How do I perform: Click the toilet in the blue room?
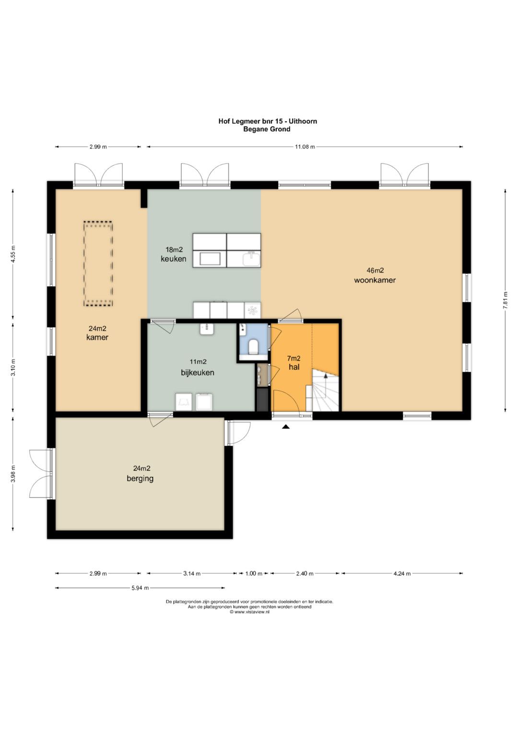tap(253, 347)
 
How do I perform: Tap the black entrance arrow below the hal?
tap(286, 426)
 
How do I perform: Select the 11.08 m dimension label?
tap(305, 147)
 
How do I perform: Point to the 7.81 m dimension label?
tap(506, 300)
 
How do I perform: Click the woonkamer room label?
tap(375, 280)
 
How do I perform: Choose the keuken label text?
tap(173, 259)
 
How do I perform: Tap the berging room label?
tap(140, 479)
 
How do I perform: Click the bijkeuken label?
tap(198, 372)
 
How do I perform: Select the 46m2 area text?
tap(375, 270)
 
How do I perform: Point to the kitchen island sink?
tap(251, 259)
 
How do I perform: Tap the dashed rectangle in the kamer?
tap(98, 264)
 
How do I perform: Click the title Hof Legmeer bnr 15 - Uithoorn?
tap(268, 121)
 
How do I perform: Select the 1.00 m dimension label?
tap(254, 573)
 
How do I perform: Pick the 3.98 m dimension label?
tap(13, 474)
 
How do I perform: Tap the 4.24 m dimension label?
tap(402, 573)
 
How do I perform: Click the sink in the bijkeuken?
tap(207, 329)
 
